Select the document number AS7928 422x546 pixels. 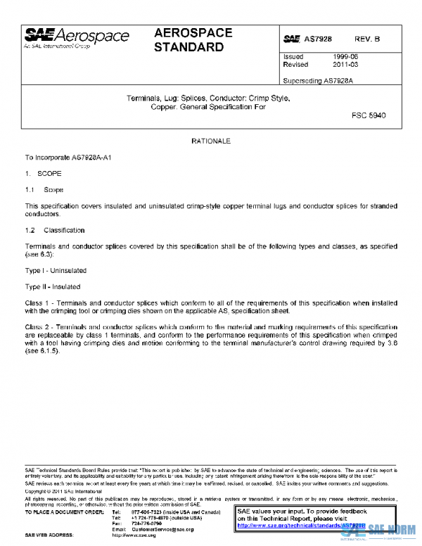click(317, 39)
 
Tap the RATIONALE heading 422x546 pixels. click(211, 141)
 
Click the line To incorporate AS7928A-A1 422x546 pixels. click(68, 158)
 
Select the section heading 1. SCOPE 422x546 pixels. click(44, 174)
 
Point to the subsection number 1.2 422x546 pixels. click(30, 230)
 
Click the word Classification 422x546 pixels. click(64, 230)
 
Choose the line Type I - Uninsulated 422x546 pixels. click(53, 270)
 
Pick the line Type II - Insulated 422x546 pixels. click(53, 286)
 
